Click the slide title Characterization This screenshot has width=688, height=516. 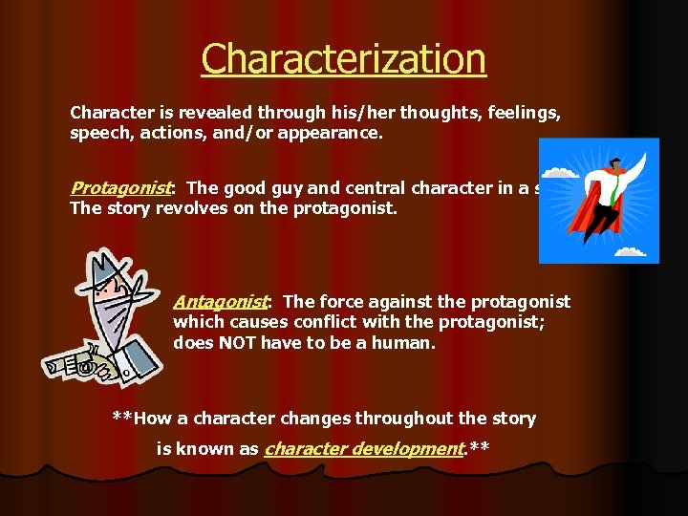point(343,58)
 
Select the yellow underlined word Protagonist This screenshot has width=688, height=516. point(107,188)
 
